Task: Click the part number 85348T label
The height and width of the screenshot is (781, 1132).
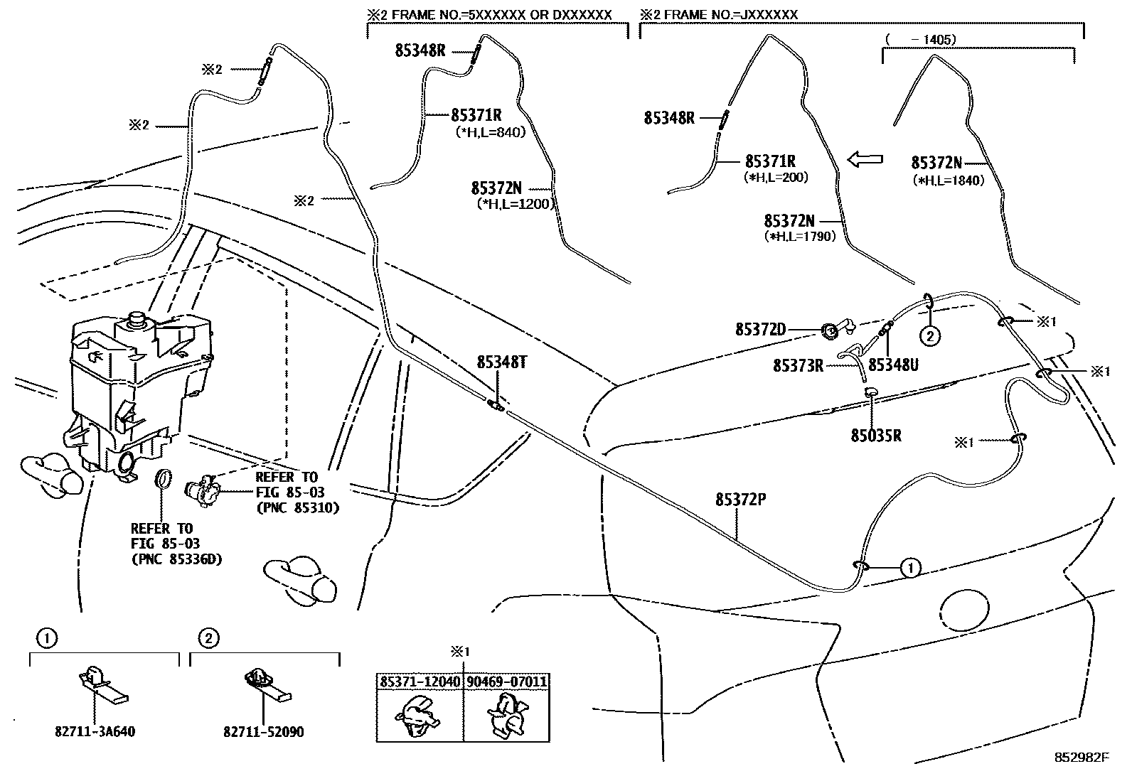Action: pyautogui.click(x=501, y=363)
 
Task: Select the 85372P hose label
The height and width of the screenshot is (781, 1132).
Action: pyautogui.click(x=740, y=500)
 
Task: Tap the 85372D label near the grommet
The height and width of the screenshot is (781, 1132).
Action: pyautogui.click(x=760, y=330)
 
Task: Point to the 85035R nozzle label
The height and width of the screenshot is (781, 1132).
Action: pyautogui.click(x=875, y=436)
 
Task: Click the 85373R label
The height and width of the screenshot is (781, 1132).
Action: pyautogui.click(x=798, y=366)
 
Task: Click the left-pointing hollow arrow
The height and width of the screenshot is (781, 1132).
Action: pyautogui.click(x=865, y=160)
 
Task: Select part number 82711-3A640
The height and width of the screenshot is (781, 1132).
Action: pyautogui.click(x=94, y=731)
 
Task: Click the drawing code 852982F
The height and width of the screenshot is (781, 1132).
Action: pyautogui.click(x=1081, y=758)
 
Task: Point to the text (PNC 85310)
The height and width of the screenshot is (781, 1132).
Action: pyautogui.click(x=297, y=508)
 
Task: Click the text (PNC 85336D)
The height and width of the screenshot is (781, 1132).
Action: pyautogui.click(x=176, y=560)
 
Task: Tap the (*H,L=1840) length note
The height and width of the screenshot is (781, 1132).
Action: pyautogui.click(x=949, y=181)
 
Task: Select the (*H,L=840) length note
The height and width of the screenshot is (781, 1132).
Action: pyautogui.click(x=489, y=131)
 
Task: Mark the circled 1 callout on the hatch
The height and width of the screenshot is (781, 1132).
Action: pyautogui.click(x=909, y=567)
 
